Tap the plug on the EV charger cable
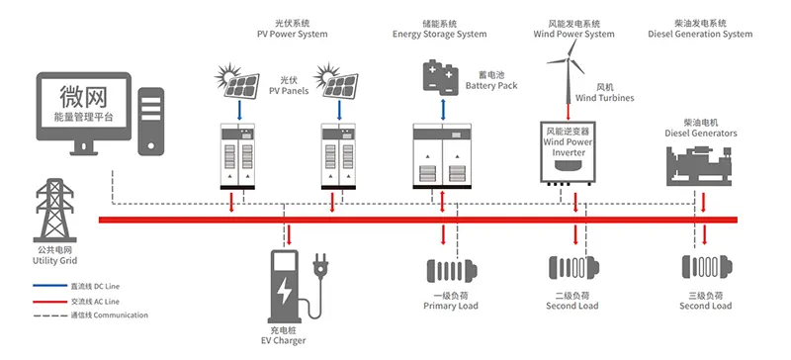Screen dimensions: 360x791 (x=320, y=266)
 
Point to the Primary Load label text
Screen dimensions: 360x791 (x=449, y=307)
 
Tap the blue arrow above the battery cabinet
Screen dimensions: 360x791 (x=441, y=107)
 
